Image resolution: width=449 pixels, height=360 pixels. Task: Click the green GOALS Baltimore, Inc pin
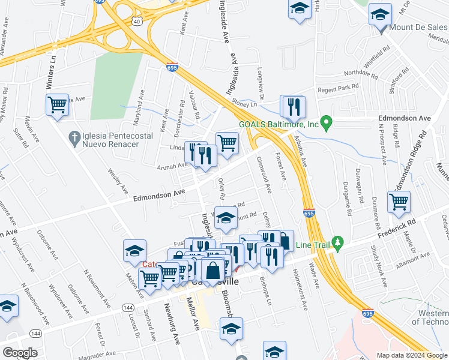327,124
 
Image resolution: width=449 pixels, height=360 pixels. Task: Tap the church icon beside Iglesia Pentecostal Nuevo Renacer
74,139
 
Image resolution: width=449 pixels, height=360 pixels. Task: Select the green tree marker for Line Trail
337,243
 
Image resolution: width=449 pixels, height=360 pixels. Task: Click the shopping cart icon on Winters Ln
57,105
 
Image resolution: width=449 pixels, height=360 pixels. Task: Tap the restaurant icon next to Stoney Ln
293,106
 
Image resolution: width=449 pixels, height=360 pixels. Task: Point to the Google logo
20,352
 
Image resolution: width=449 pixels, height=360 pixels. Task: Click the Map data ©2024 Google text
412,355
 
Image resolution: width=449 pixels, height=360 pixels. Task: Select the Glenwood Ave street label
264,175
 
